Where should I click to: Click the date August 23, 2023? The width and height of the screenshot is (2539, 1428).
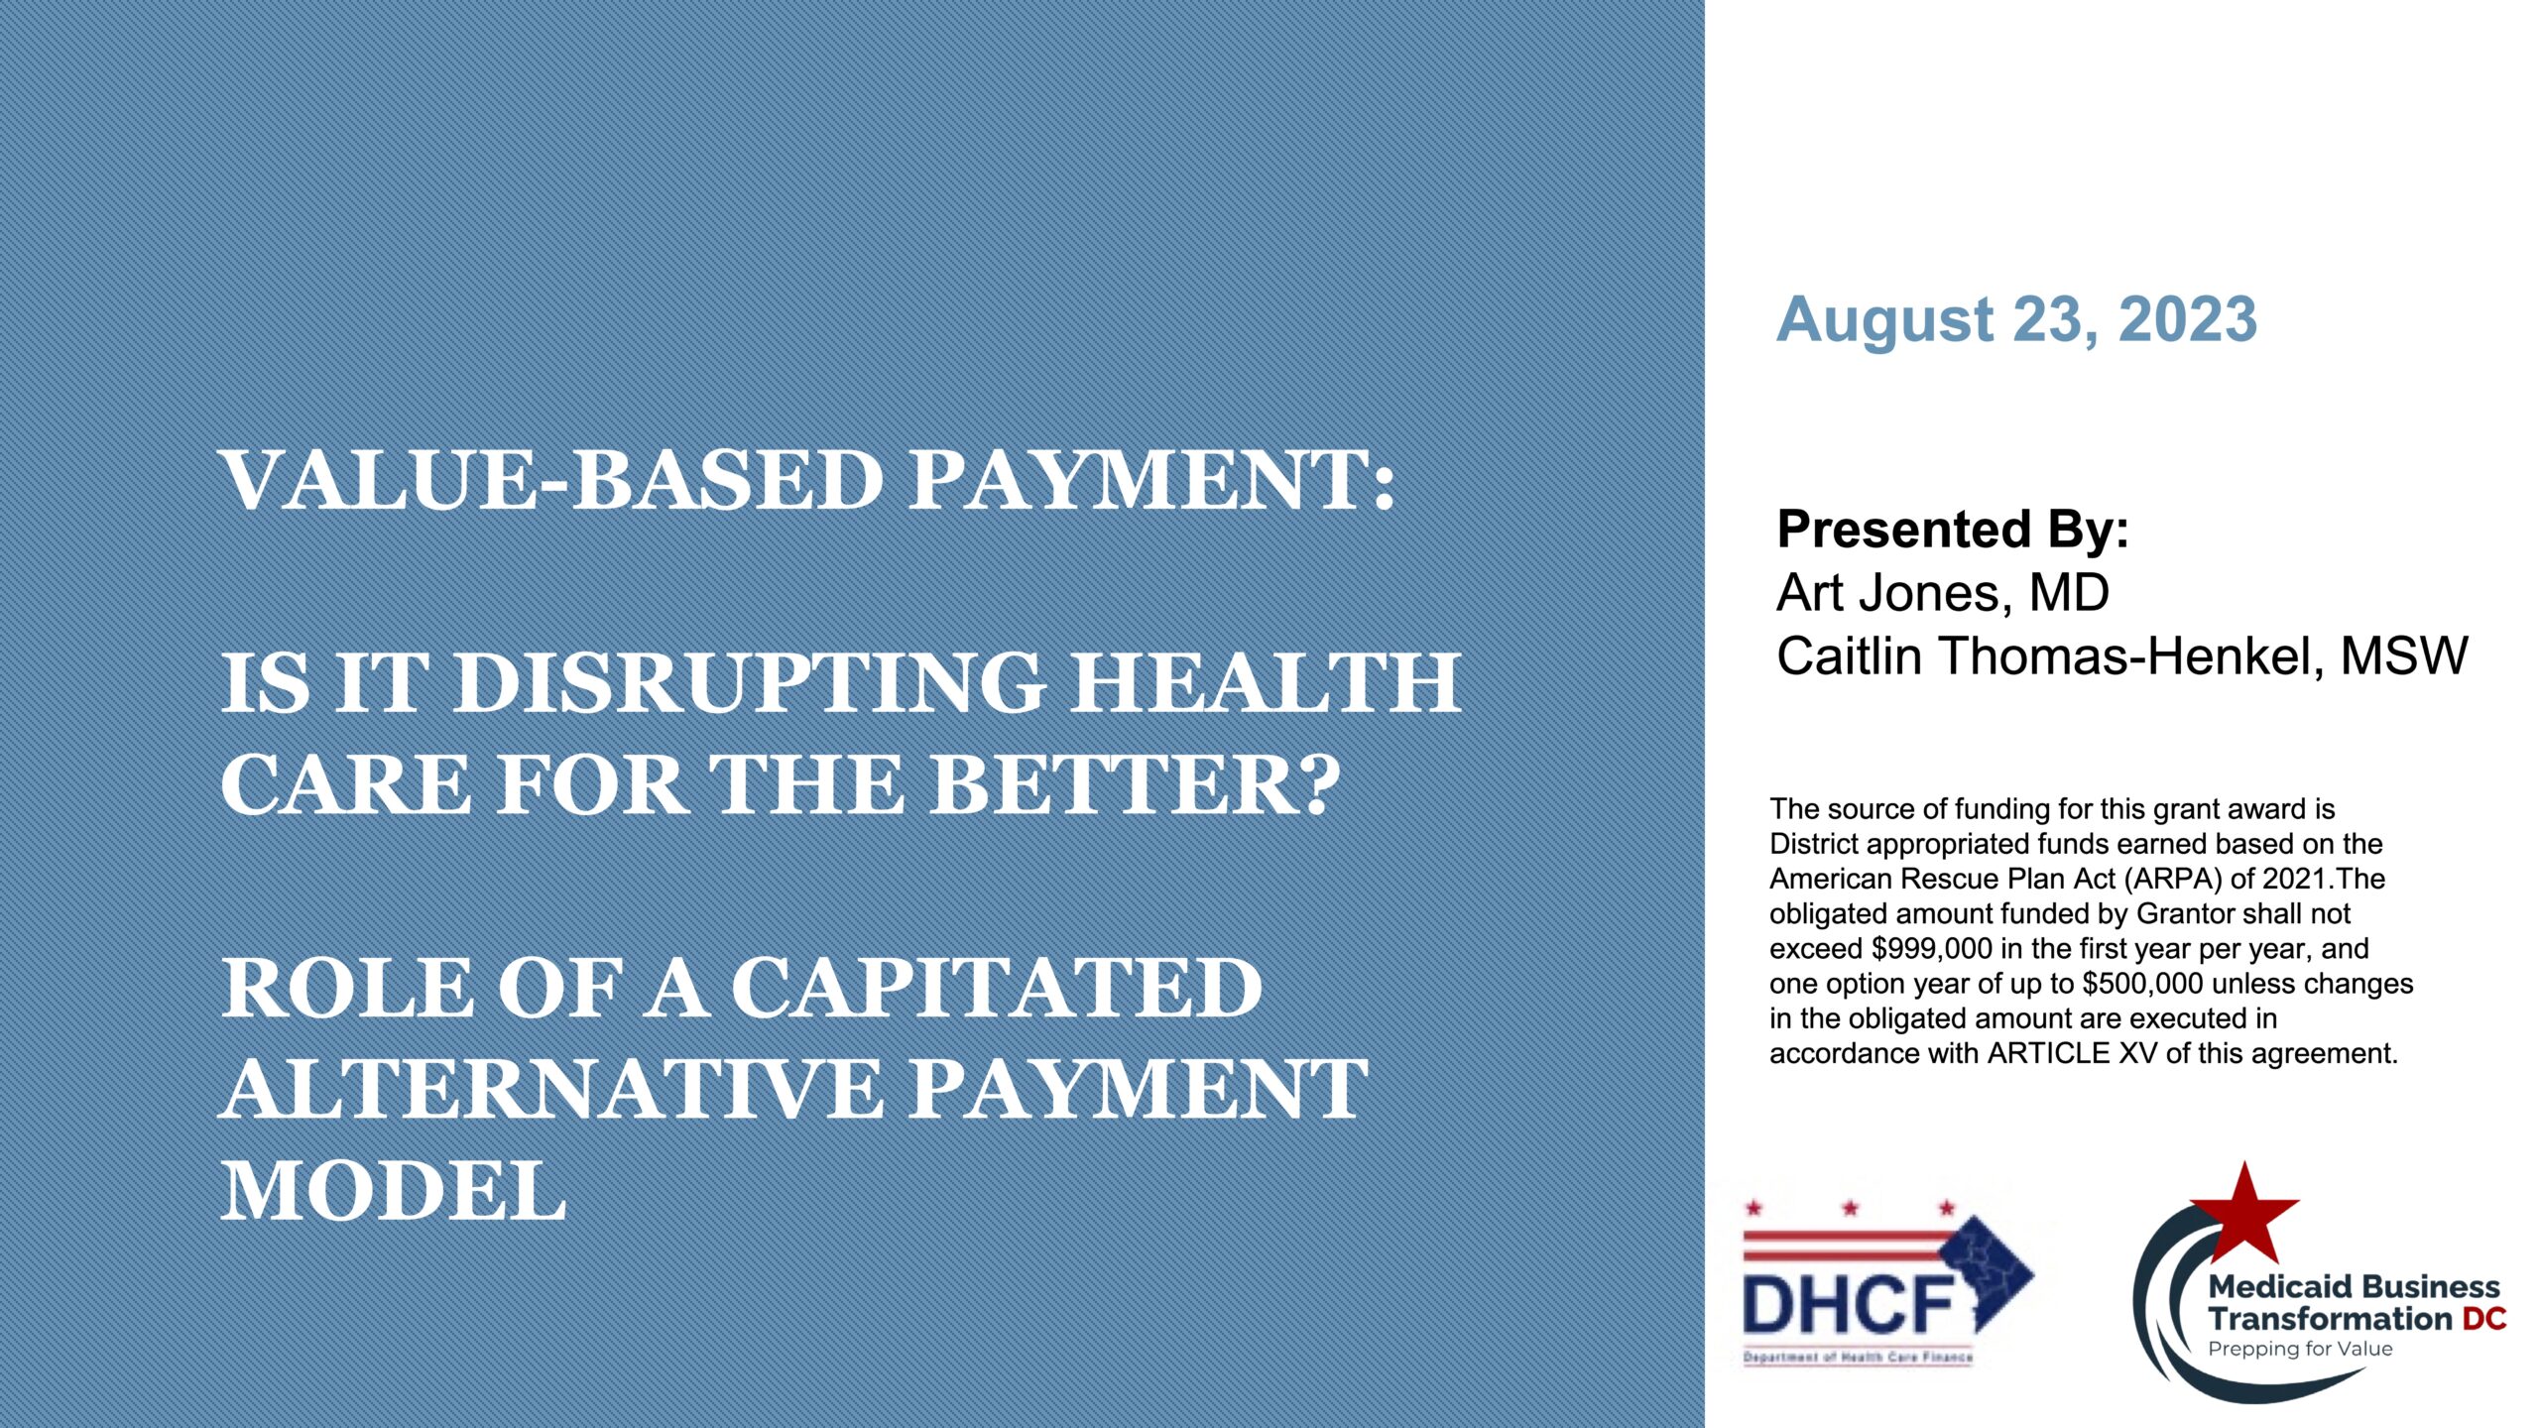coord(2016,320)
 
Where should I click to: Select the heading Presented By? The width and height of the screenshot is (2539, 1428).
coord(1953,530)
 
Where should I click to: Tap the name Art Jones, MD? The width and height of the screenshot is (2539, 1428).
coord(1943,593)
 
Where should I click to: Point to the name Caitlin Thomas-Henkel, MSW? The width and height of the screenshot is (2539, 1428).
coord(2122,656)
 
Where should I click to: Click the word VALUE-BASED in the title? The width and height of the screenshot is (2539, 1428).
coord(552,481)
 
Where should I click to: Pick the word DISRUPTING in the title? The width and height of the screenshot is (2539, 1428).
coord(750,682)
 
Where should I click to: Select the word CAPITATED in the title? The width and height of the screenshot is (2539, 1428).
coord(996,988)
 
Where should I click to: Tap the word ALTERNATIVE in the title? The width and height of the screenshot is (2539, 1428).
coord(550,1089)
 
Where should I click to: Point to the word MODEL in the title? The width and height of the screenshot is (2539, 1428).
coord(393,1190)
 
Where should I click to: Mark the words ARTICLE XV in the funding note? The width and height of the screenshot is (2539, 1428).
coord(2049,1053)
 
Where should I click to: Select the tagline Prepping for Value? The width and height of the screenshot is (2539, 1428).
coord(2300,1350)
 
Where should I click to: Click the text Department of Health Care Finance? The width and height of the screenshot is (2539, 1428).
coord(1858,1357)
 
